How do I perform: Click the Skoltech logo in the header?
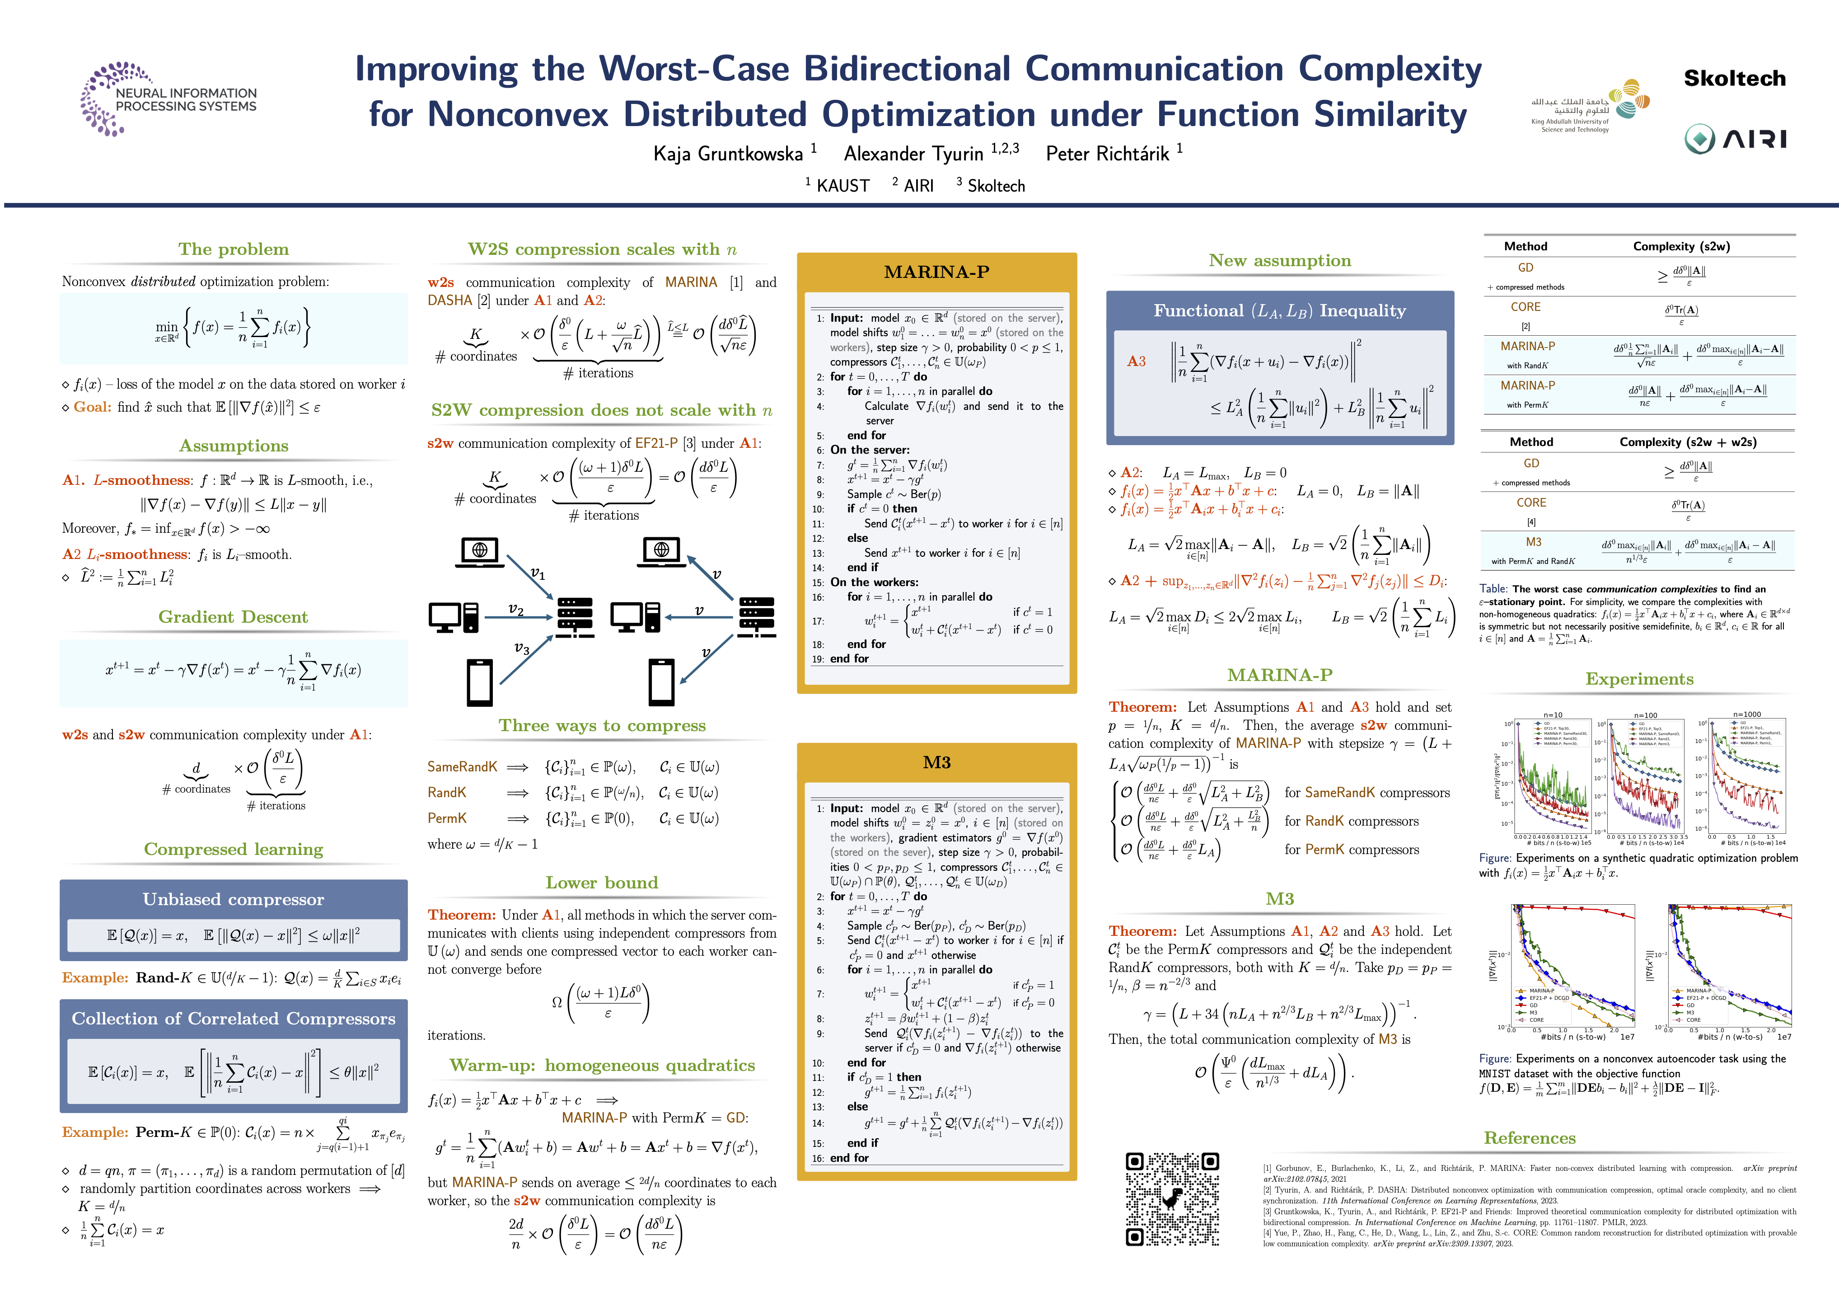(x=1734, y=79)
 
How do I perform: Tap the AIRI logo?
(x=1734, y=139)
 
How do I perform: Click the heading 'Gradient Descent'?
(x=233, y=617)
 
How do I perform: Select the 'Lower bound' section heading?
(x=602, y=883)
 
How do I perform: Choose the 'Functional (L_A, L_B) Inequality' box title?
(x=1279, y=311)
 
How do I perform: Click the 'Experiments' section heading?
(x=1639, y=679)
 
